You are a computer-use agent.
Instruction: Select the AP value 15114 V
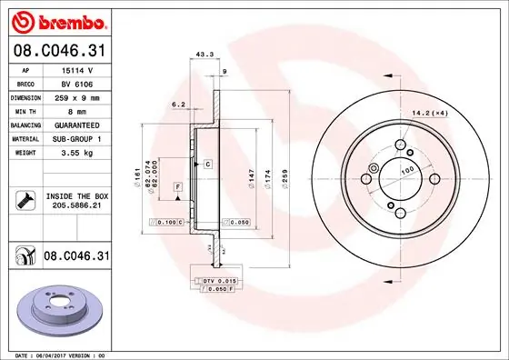point(78,69)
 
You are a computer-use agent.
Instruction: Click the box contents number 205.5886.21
point(78,206)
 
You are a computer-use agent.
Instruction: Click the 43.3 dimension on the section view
point(205,54)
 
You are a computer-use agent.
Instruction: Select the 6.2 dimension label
point(179,105)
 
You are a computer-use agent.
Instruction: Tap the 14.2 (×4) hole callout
point(429,114)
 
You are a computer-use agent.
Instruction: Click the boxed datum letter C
point(207,164)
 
